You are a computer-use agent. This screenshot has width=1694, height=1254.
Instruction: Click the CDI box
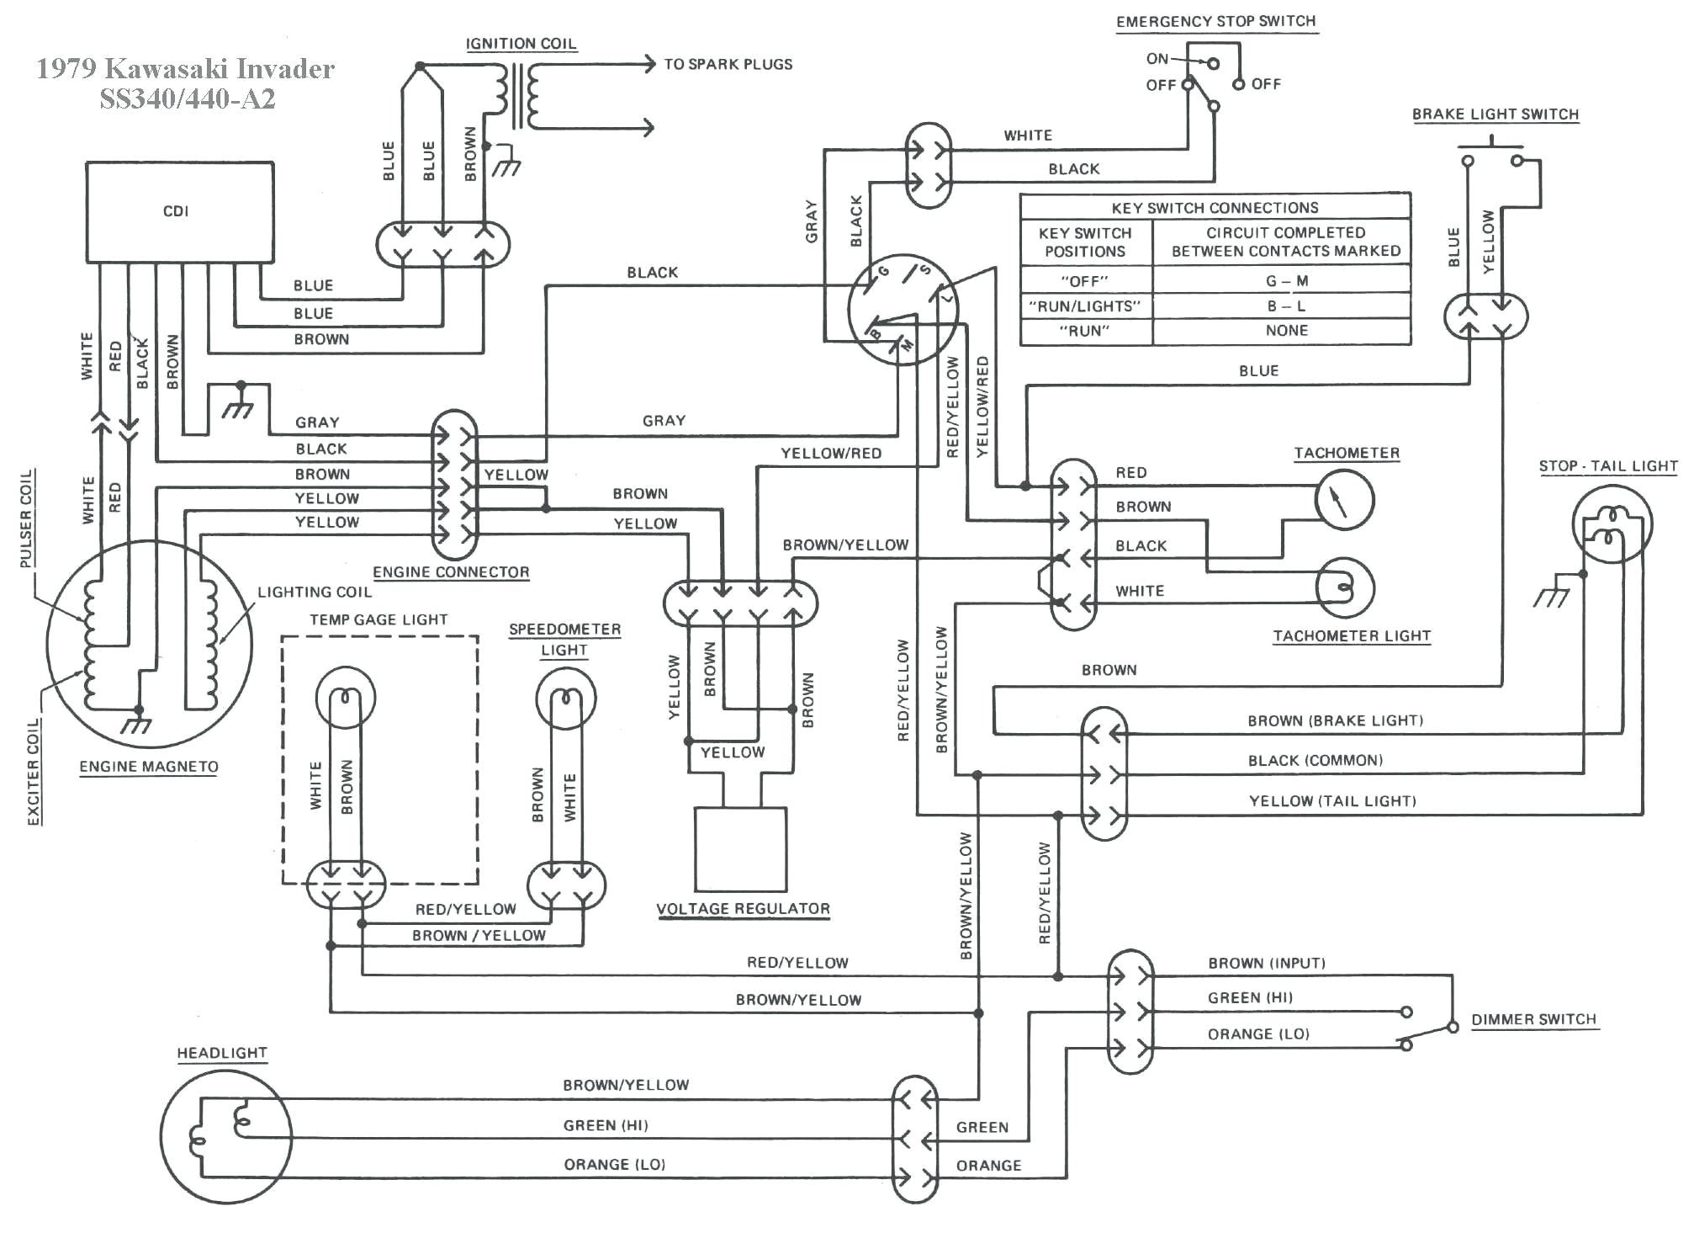tap(179, 211)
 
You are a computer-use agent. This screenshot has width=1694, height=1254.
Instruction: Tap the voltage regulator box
tap(740, 848)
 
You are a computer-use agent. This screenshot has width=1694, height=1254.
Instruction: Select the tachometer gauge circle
tap(1343, 500)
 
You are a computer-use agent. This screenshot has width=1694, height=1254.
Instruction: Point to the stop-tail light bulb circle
tap(1612, 523)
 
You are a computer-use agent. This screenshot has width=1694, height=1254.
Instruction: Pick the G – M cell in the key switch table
tap(1286, 281)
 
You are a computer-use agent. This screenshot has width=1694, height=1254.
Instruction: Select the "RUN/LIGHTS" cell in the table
tap(1084, 306)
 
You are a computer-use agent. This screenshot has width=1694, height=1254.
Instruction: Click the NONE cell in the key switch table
tap(1286, 331)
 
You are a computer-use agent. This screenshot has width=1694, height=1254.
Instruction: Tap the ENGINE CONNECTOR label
tap(451, 572)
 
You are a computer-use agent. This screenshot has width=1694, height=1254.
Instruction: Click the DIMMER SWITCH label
tap(1533, 1019)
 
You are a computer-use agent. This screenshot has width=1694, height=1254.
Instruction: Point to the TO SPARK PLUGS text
tap(728, 64)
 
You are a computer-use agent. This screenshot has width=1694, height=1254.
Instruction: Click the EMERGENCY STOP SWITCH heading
tap(1215, 22)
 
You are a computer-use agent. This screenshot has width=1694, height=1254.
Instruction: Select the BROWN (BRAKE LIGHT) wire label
tap(1335, 720)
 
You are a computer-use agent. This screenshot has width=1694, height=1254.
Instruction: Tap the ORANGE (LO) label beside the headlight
tap(614, 1165)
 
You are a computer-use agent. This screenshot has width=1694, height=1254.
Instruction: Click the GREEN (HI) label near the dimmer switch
tap(1250, 997)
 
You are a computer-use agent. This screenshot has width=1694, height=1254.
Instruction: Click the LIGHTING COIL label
tap(315, 592)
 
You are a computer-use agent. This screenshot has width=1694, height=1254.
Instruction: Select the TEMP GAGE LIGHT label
tap(379, 619)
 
